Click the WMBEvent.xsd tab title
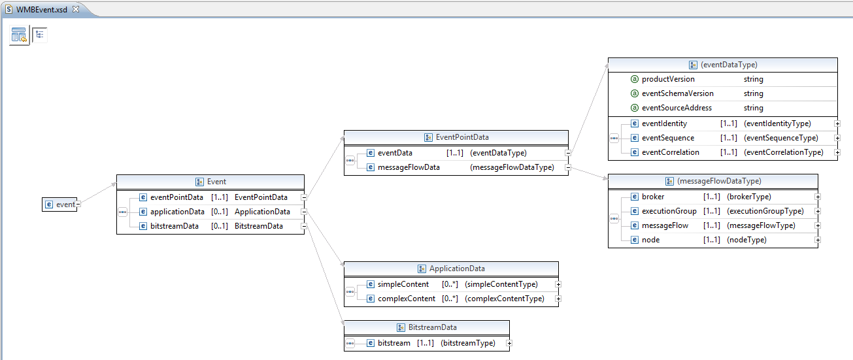[x=42, y=10]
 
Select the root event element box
[x=60, y=205]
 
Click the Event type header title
[x=216, y=182]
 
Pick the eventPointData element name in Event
[x=176, y=197]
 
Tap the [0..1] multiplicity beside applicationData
[x=219, y=212]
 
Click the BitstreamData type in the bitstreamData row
[x=259, y=226]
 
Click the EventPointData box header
[x=461, y=137]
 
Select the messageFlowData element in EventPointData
[x=409, y=167]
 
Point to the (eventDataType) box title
[x=728, y=65]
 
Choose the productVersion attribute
[x=668, y=79]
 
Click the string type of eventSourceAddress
[x=753, y=108]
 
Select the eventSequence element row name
[x=668, y=138]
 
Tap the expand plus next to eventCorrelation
[x=837, y=152]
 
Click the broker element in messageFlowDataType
[x=653, y=197]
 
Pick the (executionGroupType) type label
[x=765, y=211]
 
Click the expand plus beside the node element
[x=818, y=240]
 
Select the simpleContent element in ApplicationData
[x=403, y=284]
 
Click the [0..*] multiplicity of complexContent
[x=450, y=299]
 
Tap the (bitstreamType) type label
[x=468, y=343]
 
